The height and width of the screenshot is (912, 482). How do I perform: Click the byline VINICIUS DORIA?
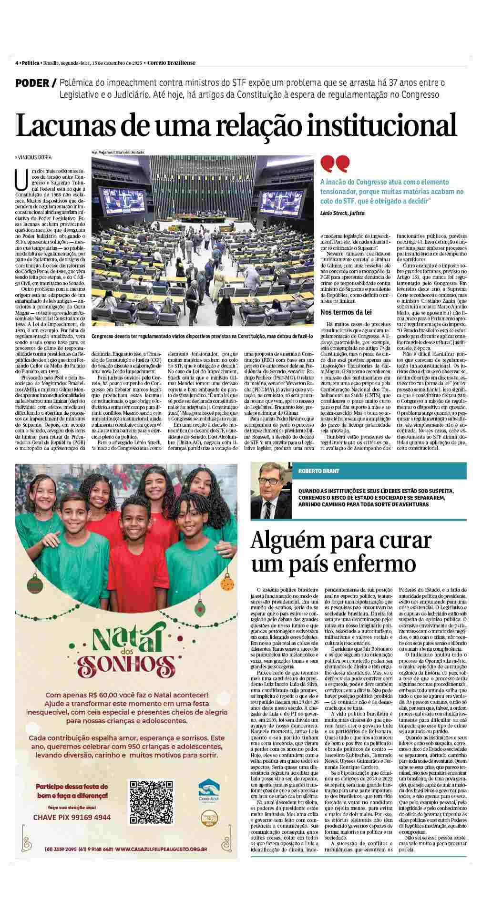(x=34, y=157)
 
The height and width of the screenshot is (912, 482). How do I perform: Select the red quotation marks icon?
(x=335, y=164)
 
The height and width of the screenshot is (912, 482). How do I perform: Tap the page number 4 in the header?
(x=17, y=63)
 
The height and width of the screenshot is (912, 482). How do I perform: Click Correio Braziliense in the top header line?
(x=171, y=63)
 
